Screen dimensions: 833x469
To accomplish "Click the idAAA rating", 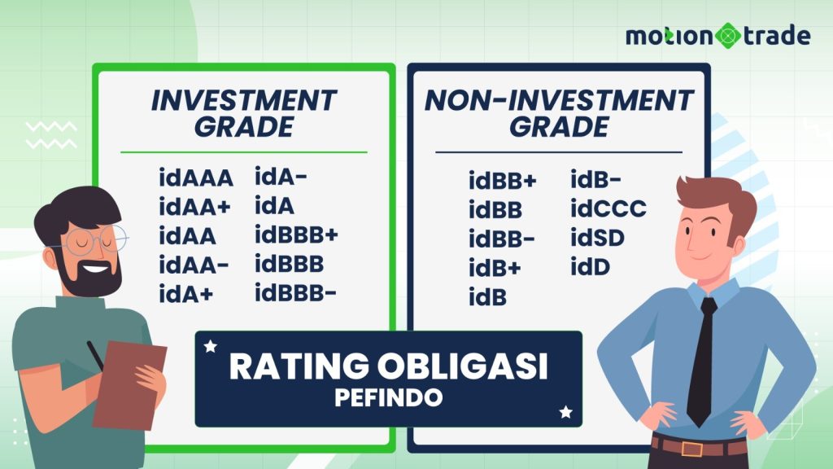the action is pyautogui.click(x=196, y=178).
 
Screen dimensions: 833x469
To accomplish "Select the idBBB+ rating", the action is pyautogui.click(x=296, y=234).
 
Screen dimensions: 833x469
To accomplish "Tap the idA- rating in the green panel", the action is pyautogui.click(x=281, y=177).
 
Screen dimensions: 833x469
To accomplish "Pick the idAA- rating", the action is pyautogui.click(x=194, y=265).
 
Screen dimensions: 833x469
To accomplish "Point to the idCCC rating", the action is pyautogui.click(x=608, y=208).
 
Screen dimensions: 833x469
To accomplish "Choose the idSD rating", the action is pyautogui.click(x=598, y=238).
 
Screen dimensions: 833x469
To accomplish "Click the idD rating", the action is pyautogui.click(x=591, y=267).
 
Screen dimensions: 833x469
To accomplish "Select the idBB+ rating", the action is pyautogui.click(x=503, y=181).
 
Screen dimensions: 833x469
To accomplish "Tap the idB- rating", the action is pyautogui.click(x=595, y=179).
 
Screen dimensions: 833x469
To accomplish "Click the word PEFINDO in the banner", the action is pyautogui.click(x=388, y=397).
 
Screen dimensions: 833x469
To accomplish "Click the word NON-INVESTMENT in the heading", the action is pyautogui.click(x=559, y=100).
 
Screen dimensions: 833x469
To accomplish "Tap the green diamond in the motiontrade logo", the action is pyautogui.click(x=727, y=36).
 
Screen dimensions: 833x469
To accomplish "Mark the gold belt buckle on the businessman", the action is pyautogui.click(x=691, y=449).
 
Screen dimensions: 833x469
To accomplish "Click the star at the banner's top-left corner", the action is pyautogui.click(x=211, y=347).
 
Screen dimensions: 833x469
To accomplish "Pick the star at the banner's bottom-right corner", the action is pyautogui.click(x=566, y=411).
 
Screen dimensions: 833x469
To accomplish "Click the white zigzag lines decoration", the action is pyautogui.click(x=51, y=135).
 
